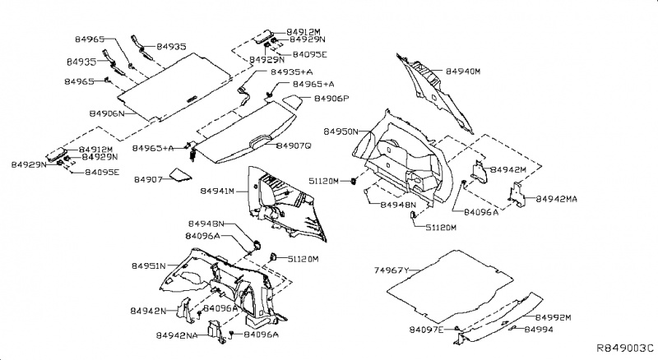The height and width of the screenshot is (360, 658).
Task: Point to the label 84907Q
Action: [294, 145]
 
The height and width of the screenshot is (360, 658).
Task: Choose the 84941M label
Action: [218, 191]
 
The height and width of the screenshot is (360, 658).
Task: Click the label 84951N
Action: [149, 266]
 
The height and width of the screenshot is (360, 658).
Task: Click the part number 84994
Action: [540, 329]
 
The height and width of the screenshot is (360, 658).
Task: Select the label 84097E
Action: [427, 329]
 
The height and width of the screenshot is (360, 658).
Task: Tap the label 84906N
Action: [106, 113]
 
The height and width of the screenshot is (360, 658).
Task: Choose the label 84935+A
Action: [291, 72]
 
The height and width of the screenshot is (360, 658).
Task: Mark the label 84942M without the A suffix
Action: [508, 169]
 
